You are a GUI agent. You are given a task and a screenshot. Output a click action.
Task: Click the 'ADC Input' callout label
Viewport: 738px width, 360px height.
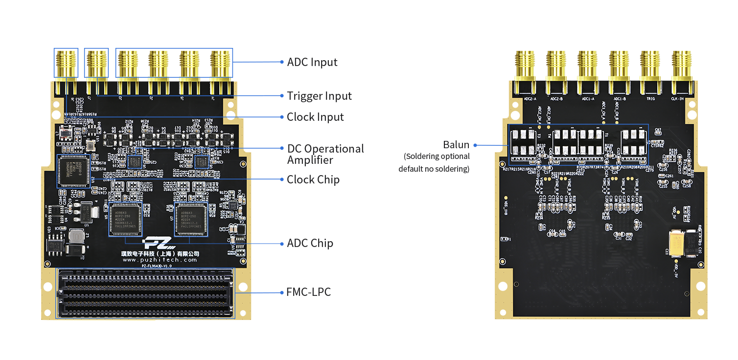(x=312, y=62)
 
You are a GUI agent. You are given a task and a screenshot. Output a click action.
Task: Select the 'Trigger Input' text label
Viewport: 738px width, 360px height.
(x=319, y=96)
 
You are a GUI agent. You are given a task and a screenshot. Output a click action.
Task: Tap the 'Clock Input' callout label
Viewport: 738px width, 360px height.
(x=315, y=117)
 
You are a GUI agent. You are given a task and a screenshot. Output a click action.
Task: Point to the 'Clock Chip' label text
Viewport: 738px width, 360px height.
(x=313, y=180)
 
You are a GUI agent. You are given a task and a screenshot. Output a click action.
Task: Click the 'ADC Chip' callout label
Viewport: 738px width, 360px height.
(x=310, y=243)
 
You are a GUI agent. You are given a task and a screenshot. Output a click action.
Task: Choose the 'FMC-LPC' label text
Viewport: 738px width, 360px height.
(x=308, y=292)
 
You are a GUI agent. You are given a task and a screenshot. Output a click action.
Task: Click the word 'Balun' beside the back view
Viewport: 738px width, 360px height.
(x=456, y=145)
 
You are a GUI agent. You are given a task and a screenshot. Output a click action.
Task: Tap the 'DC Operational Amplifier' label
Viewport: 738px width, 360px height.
(x=325, y=154)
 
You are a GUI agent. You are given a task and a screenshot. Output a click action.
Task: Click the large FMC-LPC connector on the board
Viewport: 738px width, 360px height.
(x=146, y=293)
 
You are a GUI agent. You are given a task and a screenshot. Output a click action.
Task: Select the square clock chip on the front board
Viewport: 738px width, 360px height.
(x=73, y=171)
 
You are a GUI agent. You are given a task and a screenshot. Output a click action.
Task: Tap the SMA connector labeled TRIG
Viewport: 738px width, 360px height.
(x=651, y=73)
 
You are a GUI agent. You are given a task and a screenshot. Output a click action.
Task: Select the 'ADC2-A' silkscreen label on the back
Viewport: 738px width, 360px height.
(x=530, y=99)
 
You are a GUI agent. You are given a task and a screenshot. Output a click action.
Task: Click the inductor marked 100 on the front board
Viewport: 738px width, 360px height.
(x=77, y=237)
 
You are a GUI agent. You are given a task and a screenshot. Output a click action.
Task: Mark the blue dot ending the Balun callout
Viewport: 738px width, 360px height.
(x=475, y=145)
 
